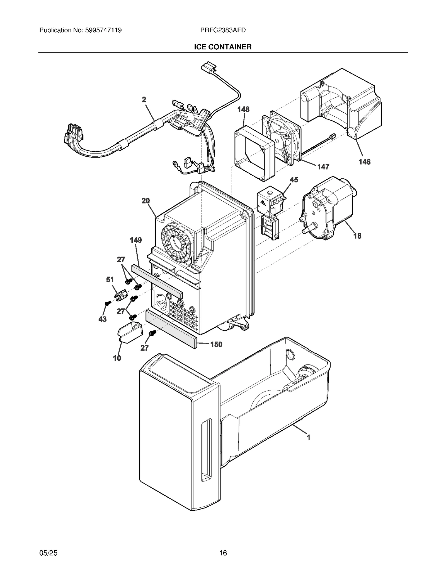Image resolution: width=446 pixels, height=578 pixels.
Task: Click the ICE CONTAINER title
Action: [222, 47]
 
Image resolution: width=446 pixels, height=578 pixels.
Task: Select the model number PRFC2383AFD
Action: [223, 30]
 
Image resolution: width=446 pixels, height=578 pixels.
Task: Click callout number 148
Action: [243, 109]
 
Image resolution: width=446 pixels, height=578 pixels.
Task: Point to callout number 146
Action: [364, 162]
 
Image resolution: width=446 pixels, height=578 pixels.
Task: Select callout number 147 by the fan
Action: [323, 167]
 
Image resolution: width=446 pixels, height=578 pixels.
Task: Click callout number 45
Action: [294, 179]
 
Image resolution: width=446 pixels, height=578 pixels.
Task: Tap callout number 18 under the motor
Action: [357, 236]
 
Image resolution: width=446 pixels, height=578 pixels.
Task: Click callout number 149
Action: [136, 240]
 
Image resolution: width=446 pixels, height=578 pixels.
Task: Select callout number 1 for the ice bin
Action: [308, 437]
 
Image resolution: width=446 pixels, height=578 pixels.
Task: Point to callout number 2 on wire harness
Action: [144, 100]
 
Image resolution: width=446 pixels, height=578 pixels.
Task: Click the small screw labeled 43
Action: [106, 303]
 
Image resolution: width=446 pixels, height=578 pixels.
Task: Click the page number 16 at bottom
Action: [223, 553]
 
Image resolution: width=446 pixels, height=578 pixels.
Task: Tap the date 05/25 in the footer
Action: [48, 553]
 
